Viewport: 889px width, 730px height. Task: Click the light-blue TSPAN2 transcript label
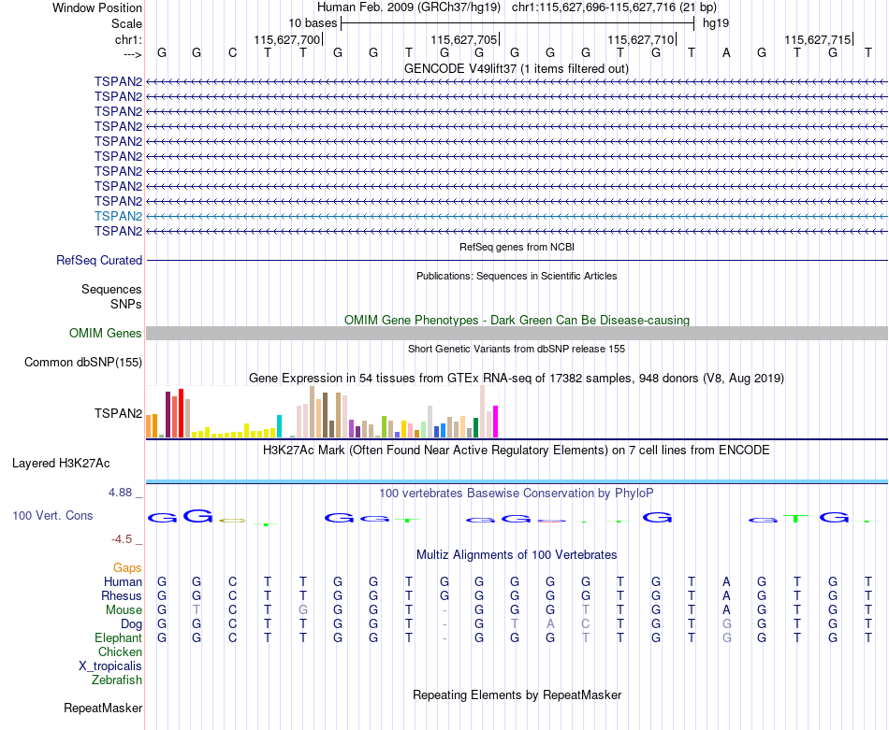coord(118,216)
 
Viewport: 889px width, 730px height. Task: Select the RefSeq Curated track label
coord(99,261)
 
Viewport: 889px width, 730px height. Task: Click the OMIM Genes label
coord(106,334)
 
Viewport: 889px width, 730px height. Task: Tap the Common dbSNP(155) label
coord(83,363)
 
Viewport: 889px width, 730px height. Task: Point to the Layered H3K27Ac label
coord(61,464)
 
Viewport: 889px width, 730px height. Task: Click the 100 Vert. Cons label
coord(52,515)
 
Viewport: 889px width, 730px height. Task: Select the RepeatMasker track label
coord(103,708)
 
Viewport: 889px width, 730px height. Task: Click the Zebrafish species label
coord(117,680)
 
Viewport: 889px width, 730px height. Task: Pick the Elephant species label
coord(119,638)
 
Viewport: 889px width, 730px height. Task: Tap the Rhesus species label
coord(122,596)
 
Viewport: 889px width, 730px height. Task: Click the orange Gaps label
coord(127,568)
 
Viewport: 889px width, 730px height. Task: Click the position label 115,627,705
coord(464,39)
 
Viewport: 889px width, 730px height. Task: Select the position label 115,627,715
coord(818,39)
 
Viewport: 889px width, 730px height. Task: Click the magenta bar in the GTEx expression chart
coord(496,422)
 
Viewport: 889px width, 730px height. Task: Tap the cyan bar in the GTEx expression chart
coord(279,426)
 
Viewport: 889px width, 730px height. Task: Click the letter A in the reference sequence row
coord(726,53)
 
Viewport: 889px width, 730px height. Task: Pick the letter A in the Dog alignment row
coord(550,624)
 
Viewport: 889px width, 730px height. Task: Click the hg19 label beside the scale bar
coord(716,23)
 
